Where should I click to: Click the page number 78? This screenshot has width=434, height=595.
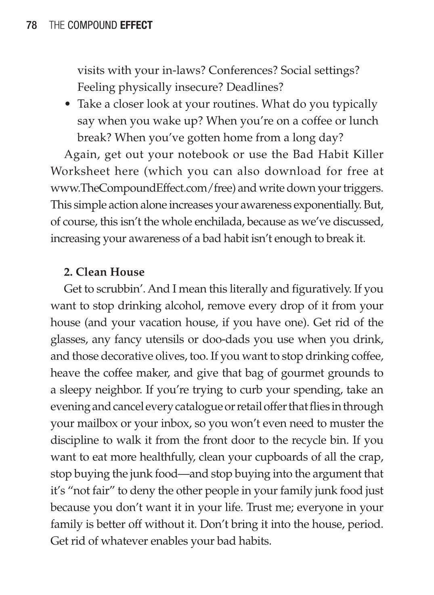(31, 25)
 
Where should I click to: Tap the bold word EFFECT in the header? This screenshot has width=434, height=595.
(136, 25)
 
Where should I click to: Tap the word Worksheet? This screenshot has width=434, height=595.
(80, 171)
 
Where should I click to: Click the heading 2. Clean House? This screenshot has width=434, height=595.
(104, 272)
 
